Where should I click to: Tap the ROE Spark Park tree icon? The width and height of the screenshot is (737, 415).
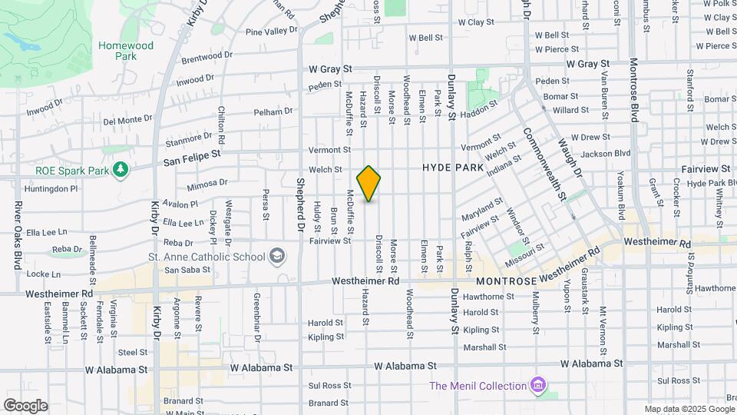[120, 169]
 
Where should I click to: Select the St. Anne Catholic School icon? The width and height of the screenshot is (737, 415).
[276, 256]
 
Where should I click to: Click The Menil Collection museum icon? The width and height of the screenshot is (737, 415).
[538, 385]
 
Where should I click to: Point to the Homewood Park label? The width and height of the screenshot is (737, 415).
[126, 51]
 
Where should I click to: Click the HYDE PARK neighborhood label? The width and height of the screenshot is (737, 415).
[453, 168]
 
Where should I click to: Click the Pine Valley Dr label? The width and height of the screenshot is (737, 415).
[271, 31]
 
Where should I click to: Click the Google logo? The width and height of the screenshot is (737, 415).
[25, 405]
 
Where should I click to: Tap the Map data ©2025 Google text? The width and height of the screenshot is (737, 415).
[689, 409]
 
